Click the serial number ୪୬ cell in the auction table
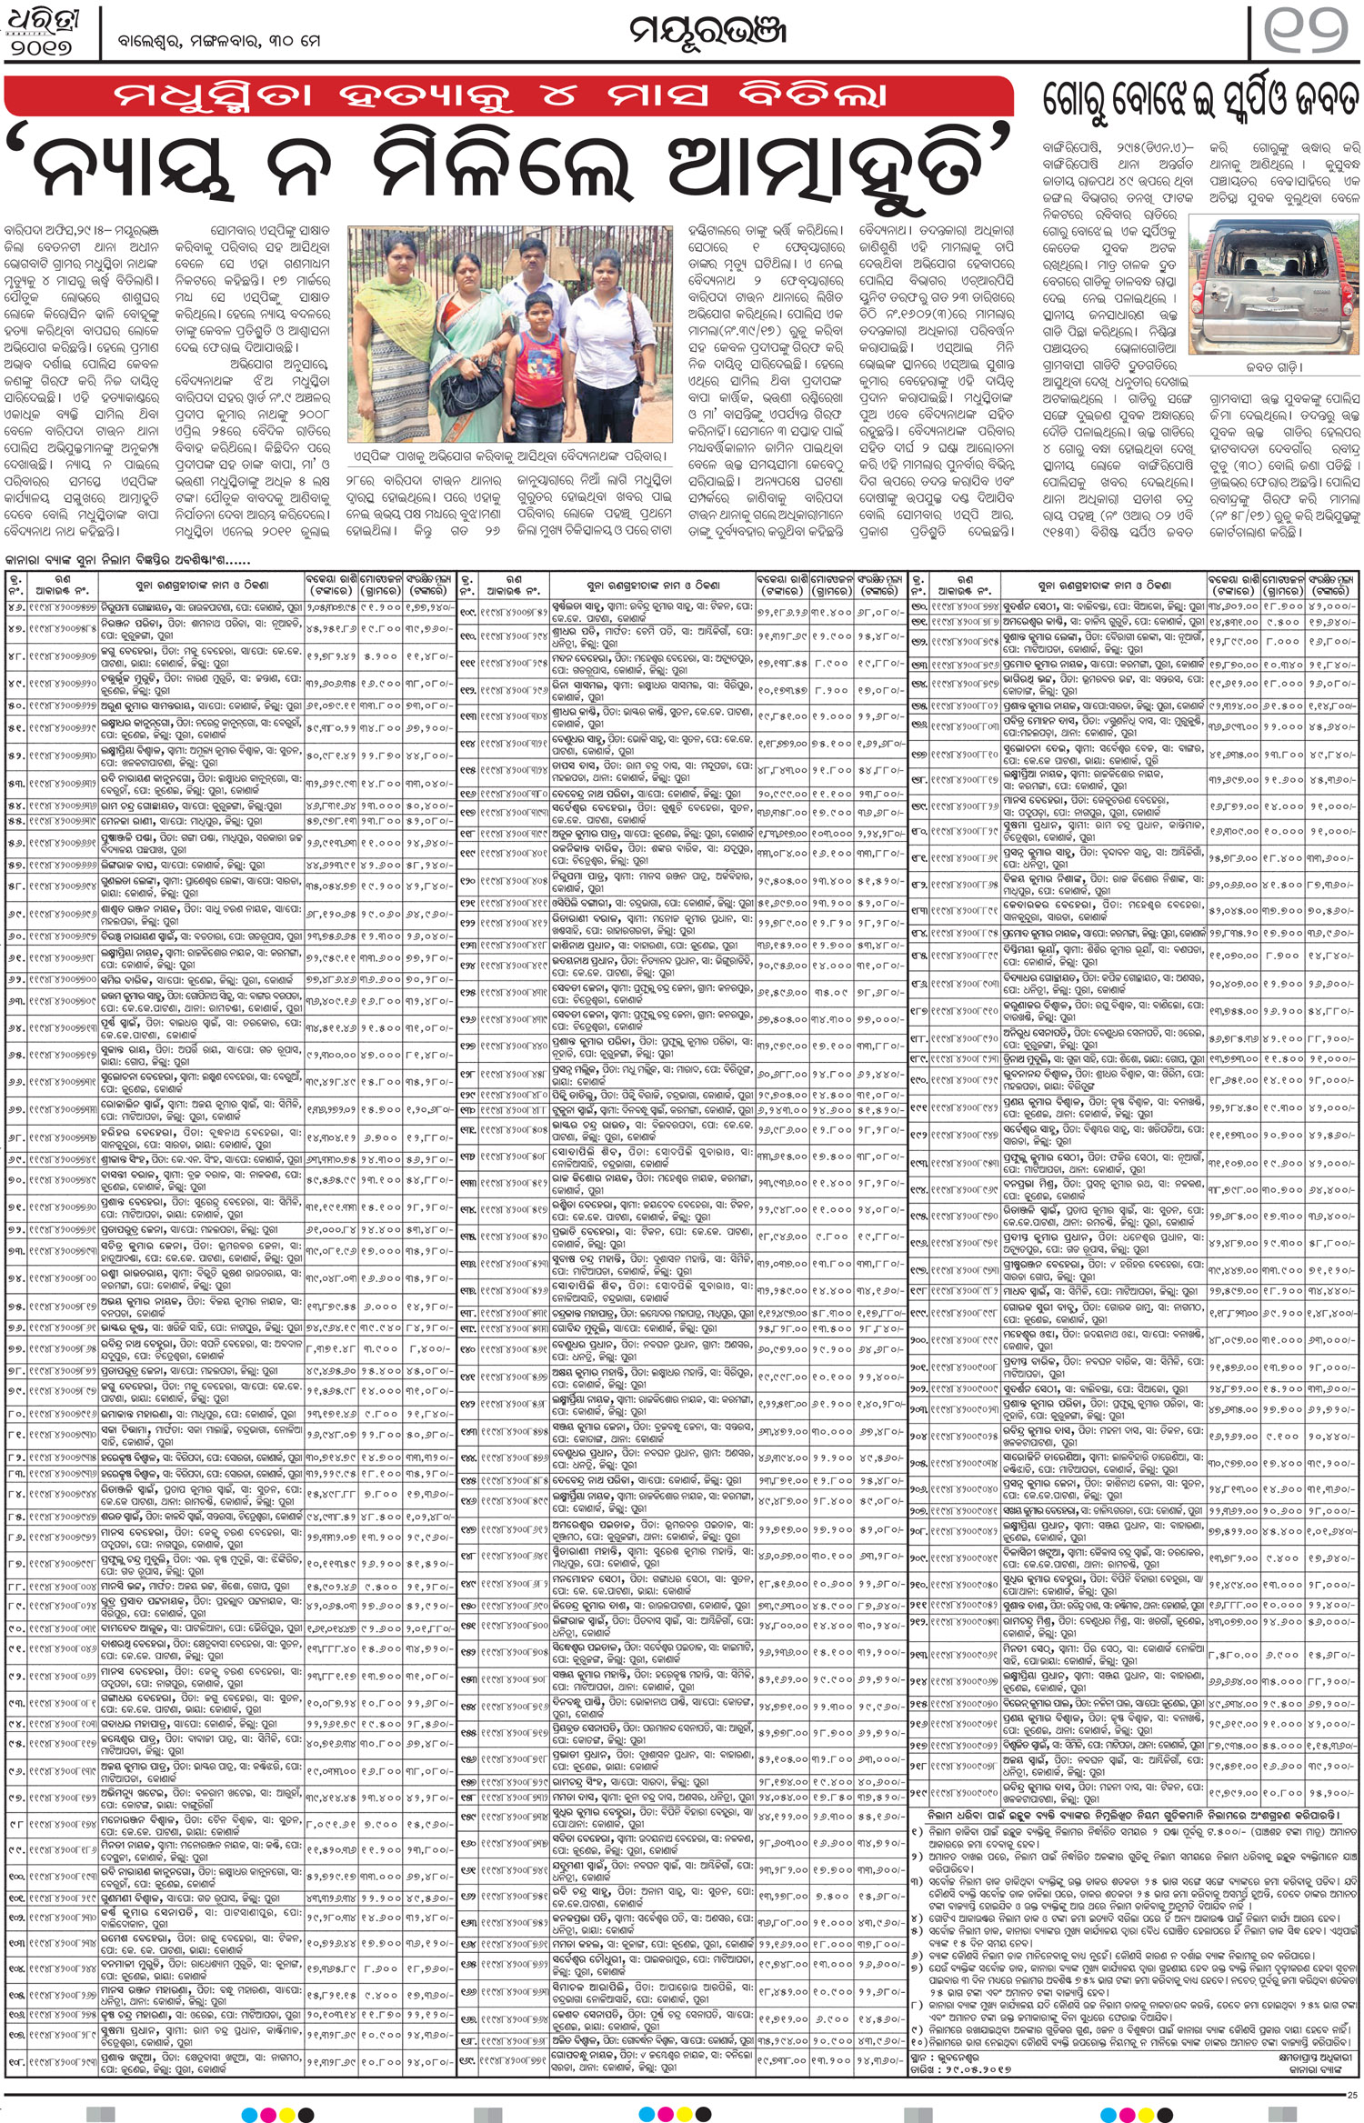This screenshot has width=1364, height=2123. tap(16, 606)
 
